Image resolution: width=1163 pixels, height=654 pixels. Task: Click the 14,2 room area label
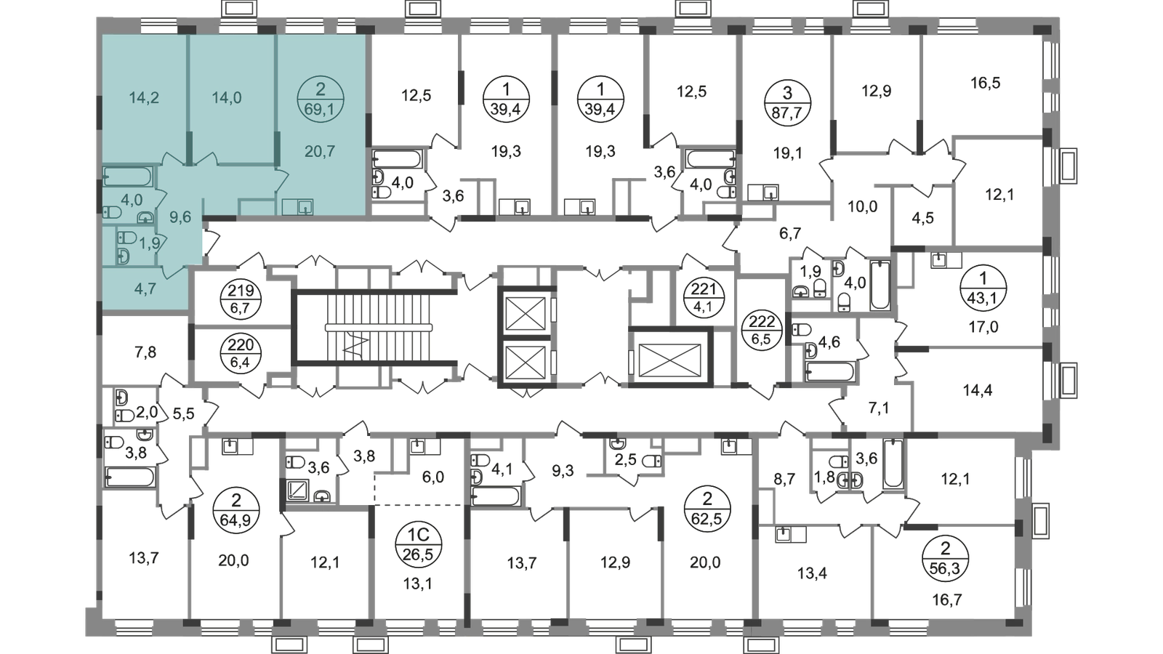[x=144, y=97]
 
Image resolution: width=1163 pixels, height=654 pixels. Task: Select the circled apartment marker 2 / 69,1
[x=321, y=100]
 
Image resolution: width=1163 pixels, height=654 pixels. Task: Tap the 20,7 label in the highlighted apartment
[x=320, y=152]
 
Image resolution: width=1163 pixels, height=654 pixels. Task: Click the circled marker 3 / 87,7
[x=787, y=103]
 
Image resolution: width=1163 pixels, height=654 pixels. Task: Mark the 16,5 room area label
[x=986, y=83]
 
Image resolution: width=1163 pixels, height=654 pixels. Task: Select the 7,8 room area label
[x=145, y=352]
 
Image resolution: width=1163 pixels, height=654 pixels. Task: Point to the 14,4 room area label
[x=978, y=389]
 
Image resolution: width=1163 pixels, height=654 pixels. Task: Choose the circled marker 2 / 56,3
[x=946, y=559]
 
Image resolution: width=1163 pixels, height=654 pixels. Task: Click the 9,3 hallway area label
[x=563, y=472]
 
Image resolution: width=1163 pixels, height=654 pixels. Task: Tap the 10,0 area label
[x=862, y=206]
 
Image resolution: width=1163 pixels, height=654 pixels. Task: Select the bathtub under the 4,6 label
[x=829, y=373]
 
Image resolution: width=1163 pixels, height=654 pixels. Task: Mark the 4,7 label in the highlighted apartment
[x=145, y=288]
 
